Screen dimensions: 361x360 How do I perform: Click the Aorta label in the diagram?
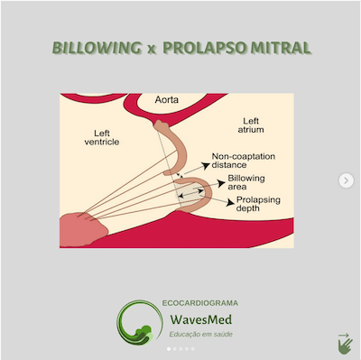point(169,98)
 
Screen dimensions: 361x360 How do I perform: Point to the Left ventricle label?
point(101,136)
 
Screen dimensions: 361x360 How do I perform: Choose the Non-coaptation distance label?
point(245,162)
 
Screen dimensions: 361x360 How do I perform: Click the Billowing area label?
point(245,183)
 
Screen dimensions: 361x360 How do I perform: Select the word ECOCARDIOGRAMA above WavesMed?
point(200,303)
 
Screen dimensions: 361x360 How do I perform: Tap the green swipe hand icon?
point(343,343)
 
